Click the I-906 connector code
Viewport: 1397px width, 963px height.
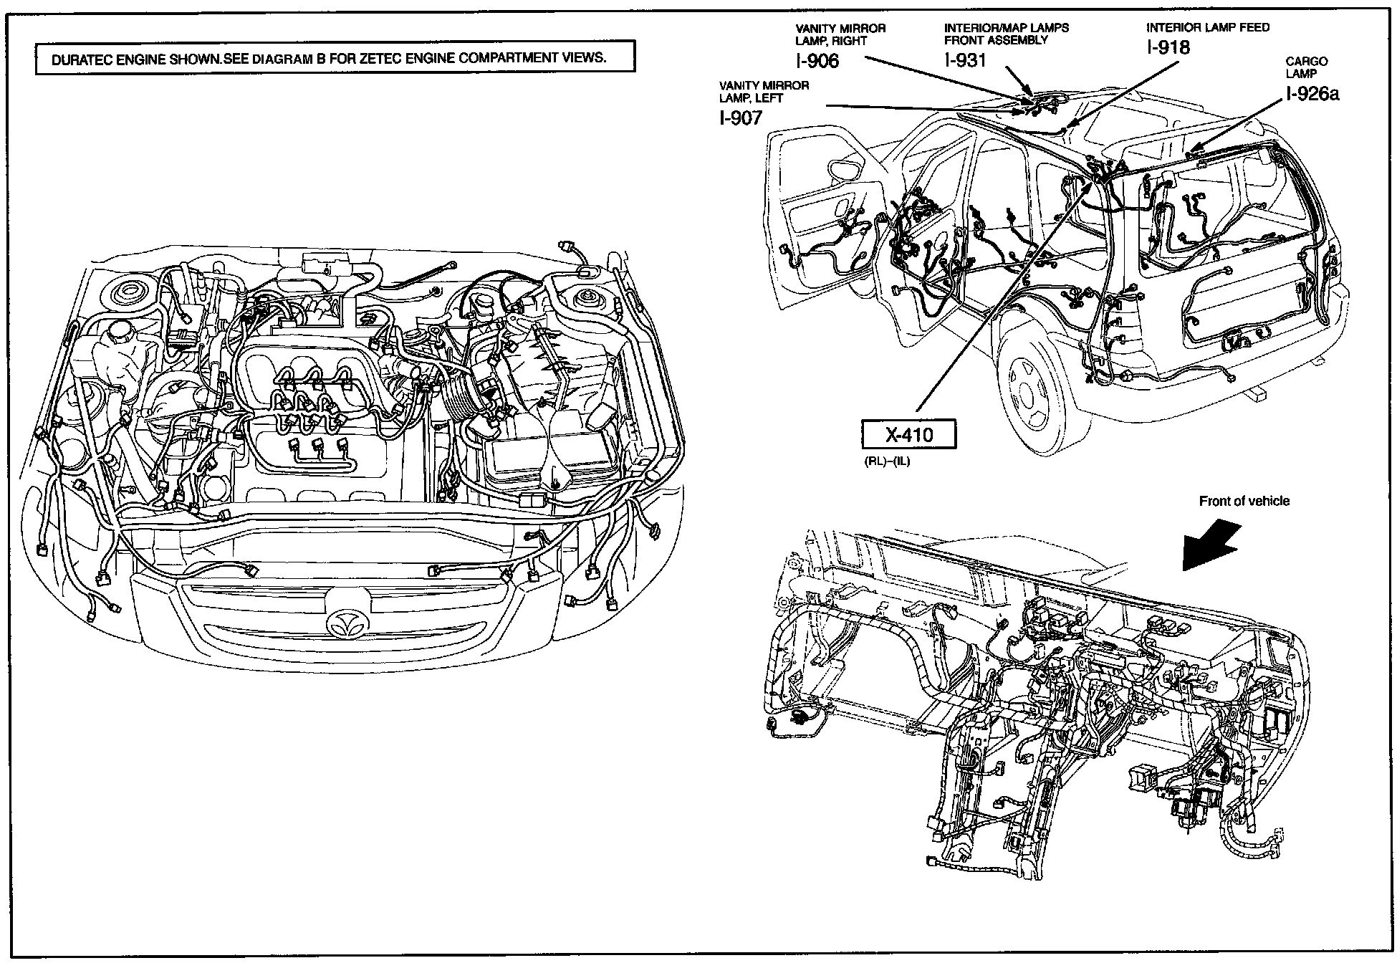817,61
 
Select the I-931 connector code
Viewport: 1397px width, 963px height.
965,60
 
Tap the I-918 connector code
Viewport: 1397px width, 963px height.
1168,47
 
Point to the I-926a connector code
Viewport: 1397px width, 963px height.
1312,94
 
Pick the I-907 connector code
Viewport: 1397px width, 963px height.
741,118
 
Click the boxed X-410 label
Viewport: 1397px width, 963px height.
908,434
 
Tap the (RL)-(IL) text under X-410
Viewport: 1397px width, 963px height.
887,461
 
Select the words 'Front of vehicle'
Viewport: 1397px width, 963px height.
1244,502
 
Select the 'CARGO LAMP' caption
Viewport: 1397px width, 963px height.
1306,67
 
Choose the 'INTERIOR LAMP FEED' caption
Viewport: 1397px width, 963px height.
1207,28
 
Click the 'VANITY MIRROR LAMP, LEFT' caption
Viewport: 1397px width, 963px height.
764,92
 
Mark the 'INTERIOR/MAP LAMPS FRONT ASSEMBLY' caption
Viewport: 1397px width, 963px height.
1006,34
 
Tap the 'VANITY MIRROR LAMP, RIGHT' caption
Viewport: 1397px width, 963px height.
840,34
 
